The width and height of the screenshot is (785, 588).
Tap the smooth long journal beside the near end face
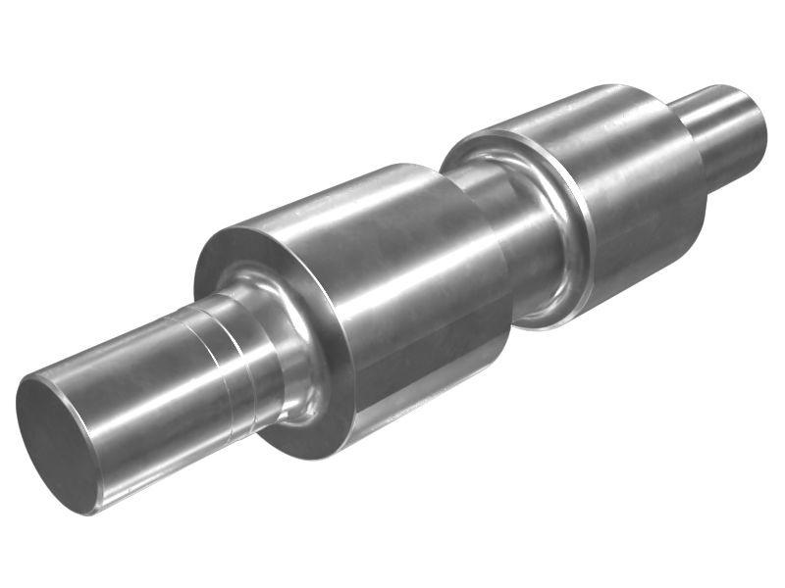coord(137,392)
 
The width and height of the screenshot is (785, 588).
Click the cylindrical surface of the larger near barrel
coord(412,294)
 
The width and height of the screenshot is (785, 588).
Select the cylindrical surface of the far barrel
coord(628,186)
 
